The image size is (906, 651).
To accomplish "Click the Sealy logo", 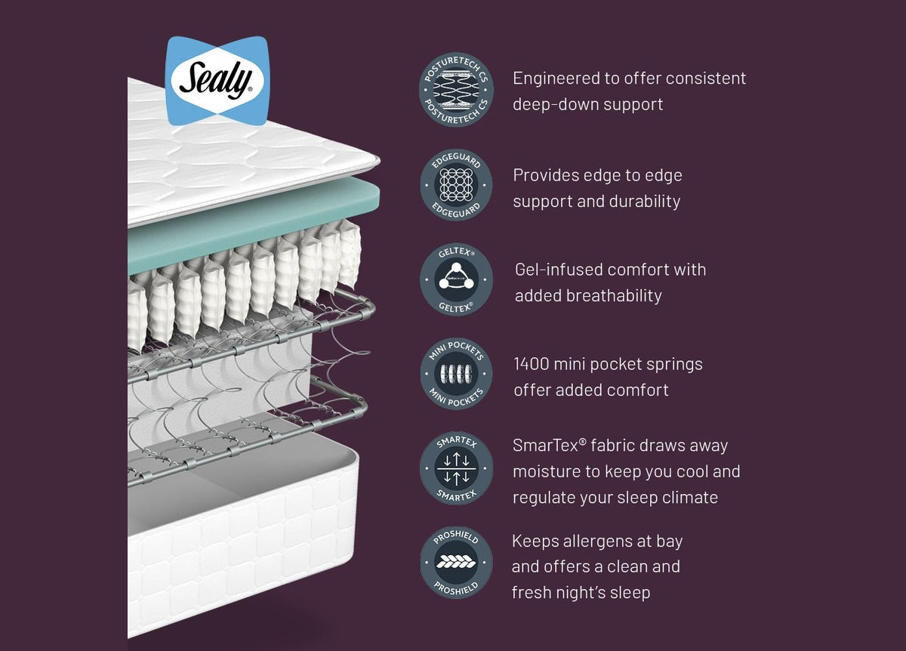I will pyautogui.click(x=217, y=80).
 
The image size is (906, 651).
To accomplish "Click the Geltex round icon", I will pyautogui.click(x=456, y=279).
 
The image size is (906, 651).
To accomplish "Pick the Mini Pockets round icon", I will pyautogui.click(x=456, y=374).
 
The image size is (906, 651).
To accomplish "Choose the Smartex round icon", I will pyautogui.click(x=456, y=468).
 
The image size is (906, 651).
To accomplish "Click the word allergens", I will pyautogui.click(x=589, y=541).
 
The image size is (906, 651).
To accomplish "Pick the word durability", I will pyautogui.click(x=643, y=201).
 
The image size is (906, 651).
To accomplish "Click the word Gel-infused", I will pyautogui.click(x=558, y=270).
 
